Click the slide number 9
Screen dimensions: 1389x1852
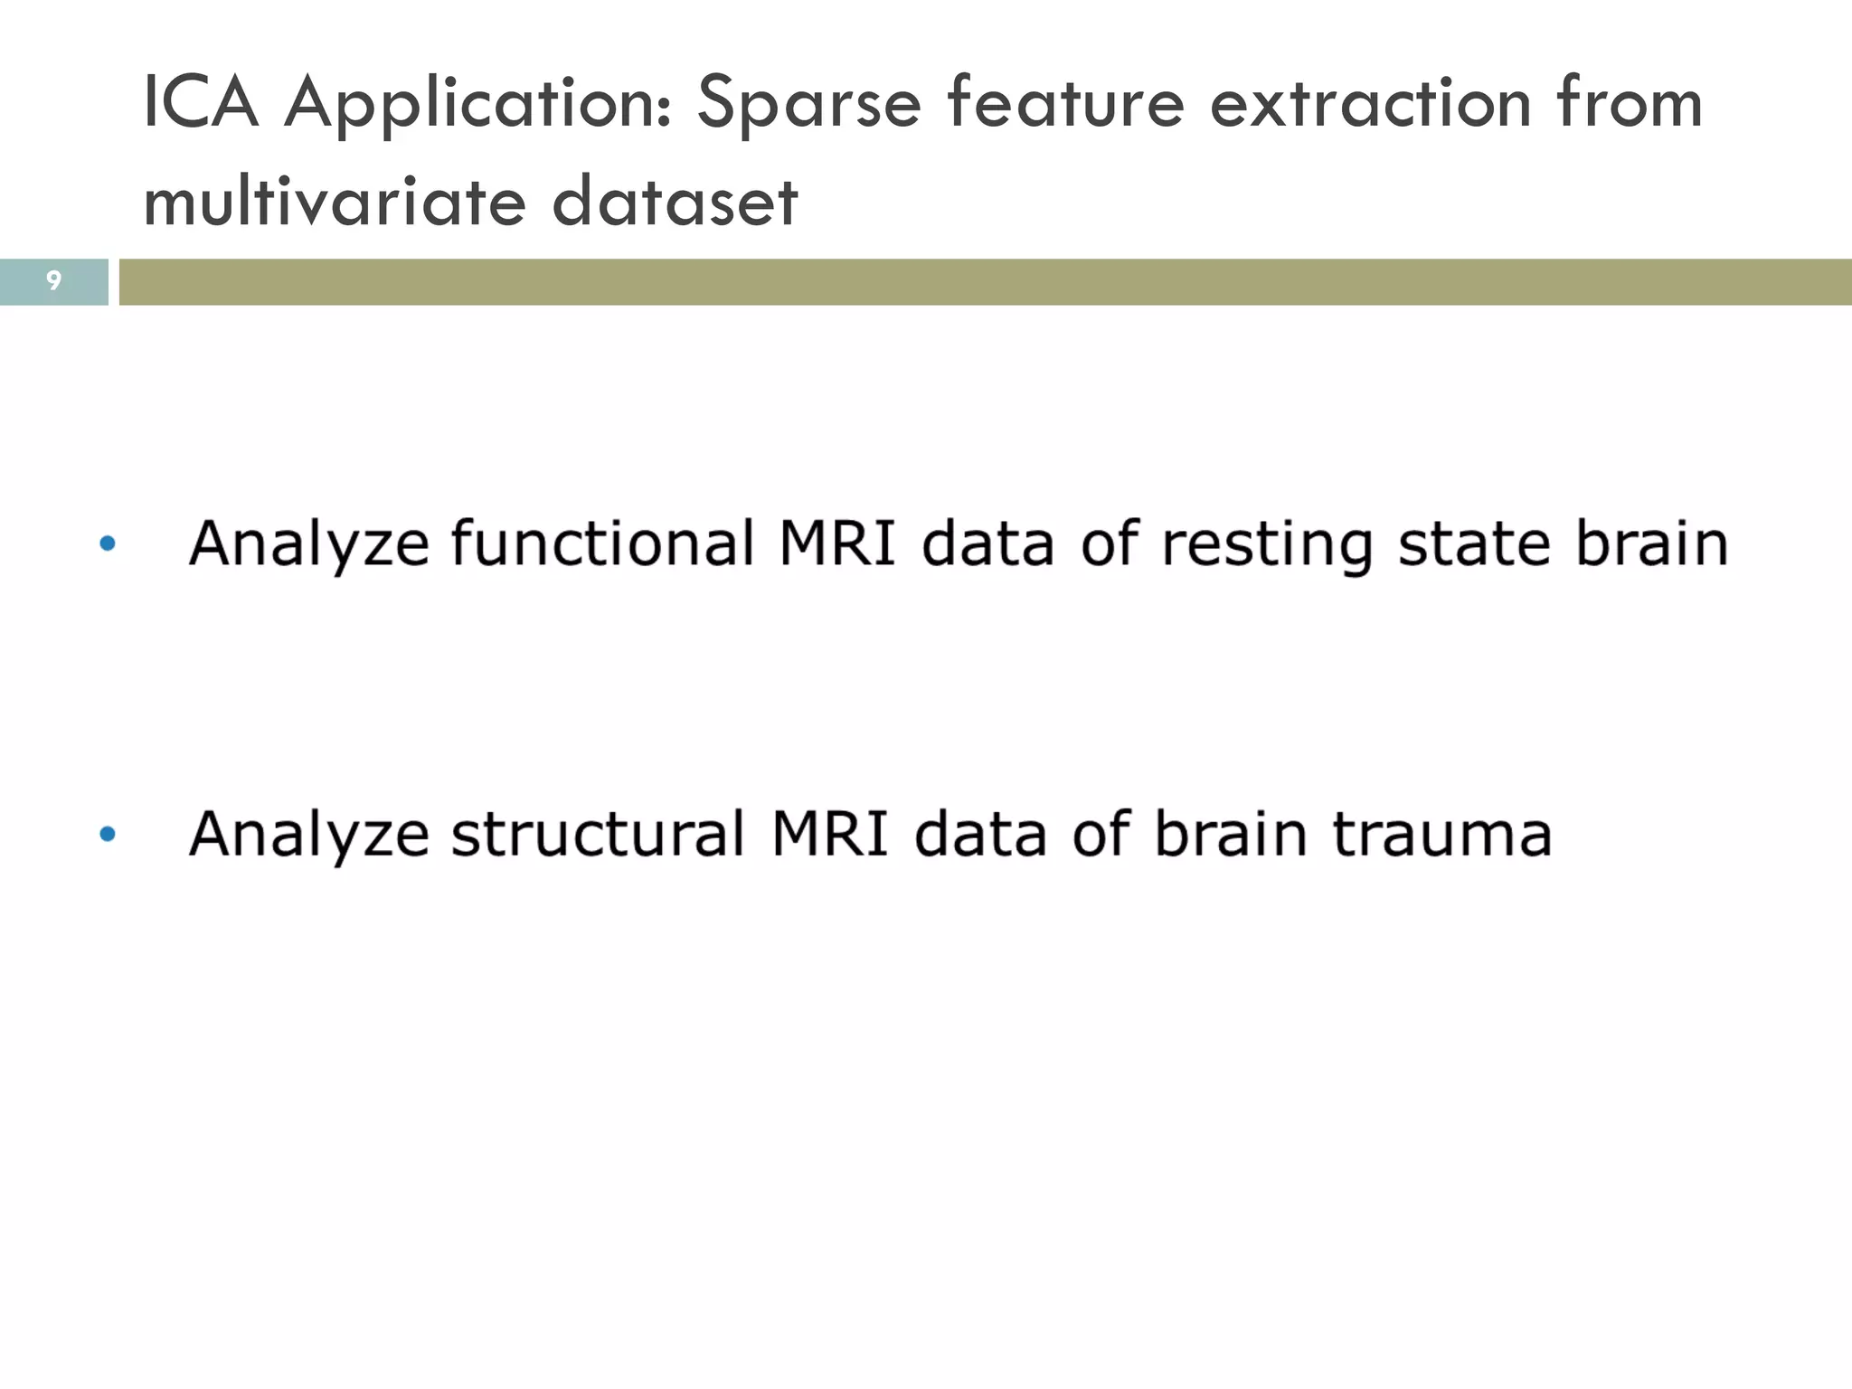53,281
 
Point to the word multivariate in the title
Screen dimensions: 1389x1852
334,200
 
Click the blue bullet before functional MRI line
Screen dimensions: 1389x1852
108,543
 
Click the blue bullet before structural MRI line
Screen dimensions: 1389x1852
108,834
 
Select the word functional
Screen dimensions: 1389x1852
602,543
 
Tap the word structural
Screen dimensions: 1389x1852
597,834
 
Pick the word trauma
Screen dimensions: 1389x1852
1441,834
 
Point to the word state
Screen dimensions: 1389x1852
1474,543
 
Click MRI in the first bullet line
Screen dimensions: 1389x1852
836,543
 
